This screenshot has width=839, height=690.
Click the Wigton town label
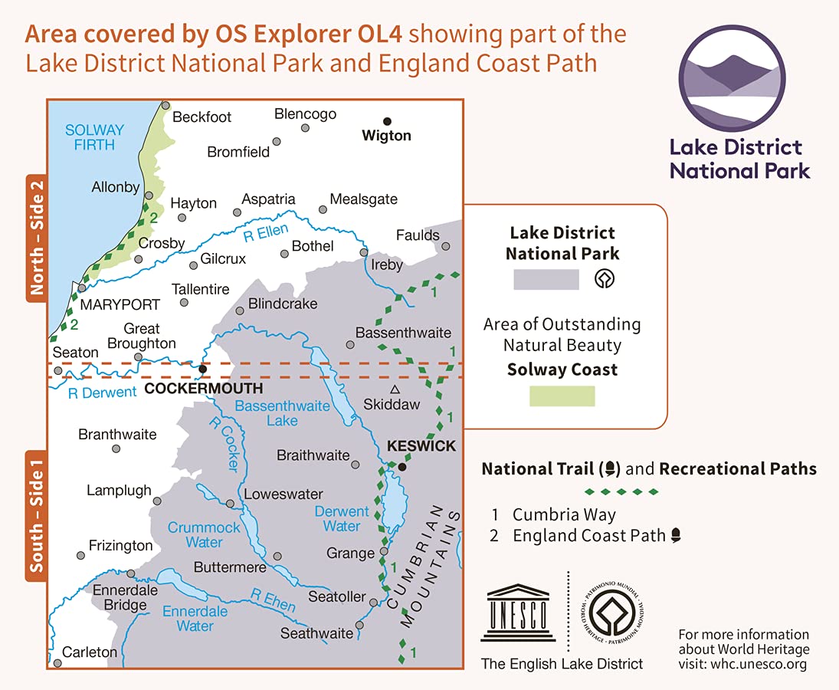pos(386,136)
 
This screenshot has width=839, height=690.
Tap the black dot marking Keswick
pos(401,465)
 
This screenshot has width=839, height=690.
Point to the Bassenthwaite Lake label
pos(282,413)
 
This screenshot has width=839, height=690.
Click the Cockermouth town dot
pos(202,369)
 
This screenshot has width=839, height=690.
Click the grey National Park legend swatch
pos(546,279)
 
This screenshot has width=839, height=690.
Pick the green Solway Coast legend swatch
pos(562,396)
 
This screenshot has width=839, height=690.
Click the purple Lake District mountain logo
pos(732,79)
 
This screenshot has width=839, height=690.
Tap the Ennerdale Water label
pos(195,619)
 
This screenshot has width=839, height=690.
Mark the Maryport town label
pos(120,304)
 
